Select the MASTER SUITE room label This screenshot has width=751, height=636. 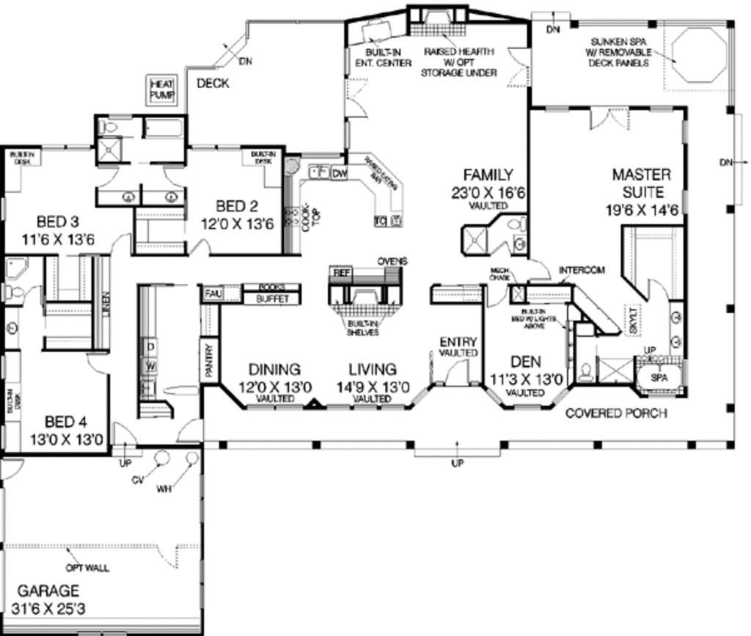coord(642,183)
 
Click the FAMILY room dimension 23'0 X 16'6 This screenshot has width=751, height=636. coord(488,193)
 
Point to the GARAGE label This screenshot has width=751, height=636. coord(48,591)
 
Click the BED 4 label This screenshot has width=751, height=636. coord(65,422)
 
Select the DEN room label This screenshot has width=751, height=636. coord(526,362)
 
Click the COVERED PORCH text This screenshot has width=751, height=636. coord(616,414)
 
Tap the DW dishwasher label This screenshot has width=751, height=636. coord(339,174)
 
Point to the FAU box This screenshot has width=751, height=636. coord(213,293)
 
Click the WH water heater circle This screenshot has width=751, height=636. coord(192,458)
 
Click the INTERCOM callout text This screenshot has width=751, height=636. coord(582,271)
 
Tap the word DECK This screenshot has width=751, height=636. coord(213,83)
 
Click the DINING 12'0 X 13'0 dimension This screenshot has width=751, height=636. coord(274,387)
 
